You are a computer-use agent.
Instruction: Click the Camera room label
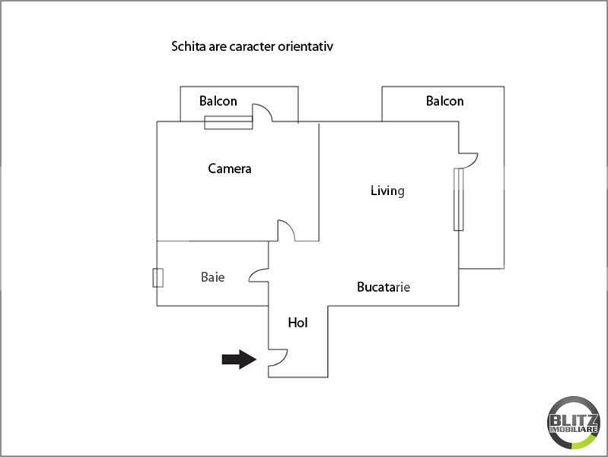point(230,168)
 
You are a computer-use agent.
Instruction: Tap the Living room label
point(387,190)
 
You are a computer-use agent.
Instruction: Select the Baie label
point(212,276)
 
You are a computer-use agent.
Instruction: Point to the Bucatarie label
point(383,287)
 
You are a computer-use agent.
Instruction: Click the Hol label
point(298,323)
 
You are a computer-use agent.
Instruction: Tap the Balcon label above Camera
point(218,101)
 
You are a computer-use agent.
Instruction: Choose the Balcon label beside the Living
point(444,101)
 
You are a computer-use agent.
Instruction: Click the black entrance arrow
point(239,360)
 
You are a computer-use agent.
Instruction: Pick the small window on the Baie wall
point(158,278)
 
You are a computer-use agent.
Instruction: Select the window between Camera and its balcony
point(228,123)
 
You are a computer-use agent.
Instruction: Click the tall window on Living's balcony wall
point(459,200)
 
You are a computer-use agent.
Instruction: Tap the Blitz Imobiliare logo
point(574,423)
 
